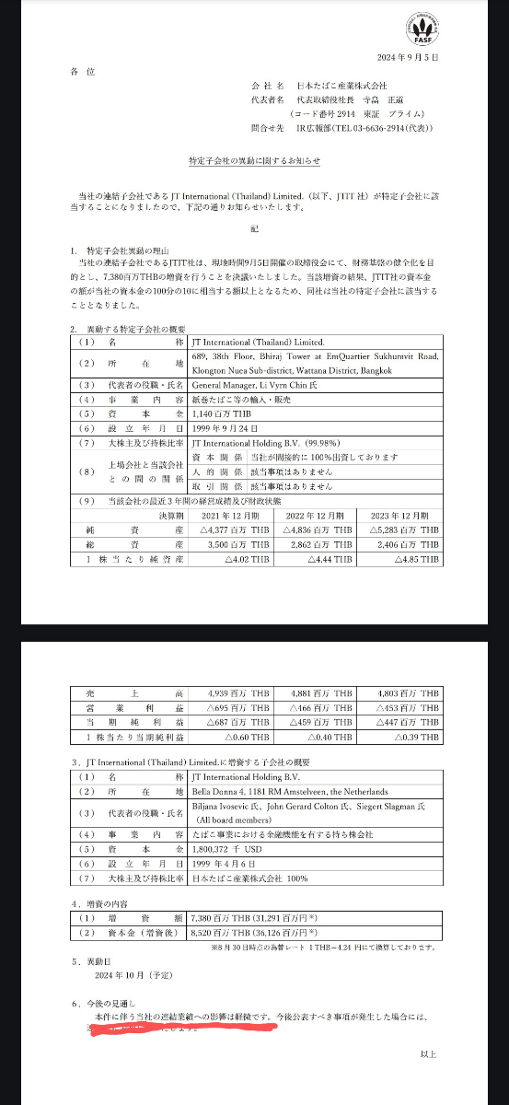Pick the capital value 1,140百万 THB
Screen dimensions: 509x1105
213,414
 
